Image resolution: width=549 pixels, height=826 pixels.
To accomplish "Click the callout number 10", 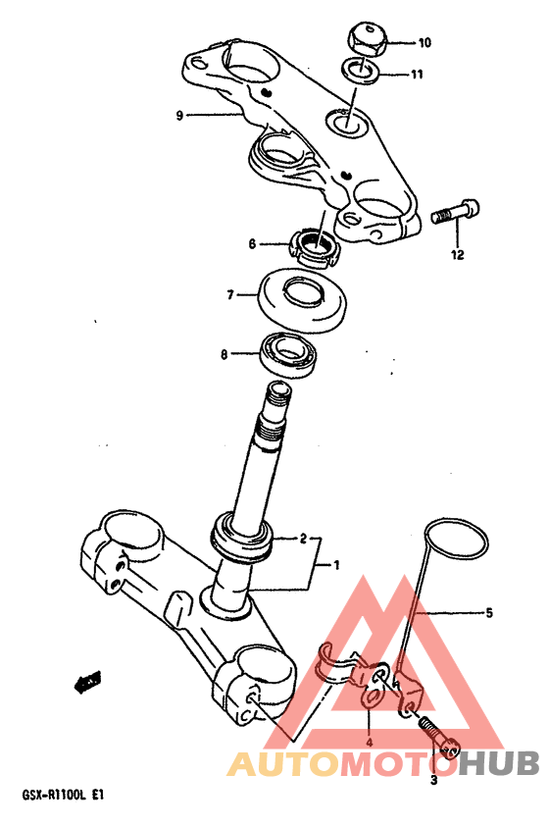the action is click(424, 42).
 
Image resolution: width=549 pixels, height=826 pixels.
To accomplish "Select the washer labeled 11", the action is click(362, 72).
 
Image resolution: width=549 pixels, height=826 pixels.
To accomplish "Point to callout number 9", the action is click(179, 115).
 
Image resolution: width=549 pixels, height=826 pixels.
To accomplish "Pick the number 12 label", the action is click(457, 255).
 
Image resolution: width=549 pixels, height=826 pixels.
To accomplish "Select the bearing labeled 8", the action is click(288, 354).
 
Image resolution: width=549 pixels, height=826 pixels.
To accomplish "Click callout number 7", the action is click(230, 295).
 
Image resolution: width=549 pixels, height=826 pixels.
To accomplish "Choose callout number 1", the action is click(336, 566).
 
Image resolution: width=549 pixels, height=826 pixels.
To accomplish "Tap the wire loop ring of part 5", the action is click(457, 542).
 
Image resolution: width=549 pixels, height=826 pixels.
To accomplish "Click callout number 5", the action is click(488, 613).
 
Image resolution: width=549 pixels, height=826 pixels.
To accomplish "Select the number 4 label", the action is click(369, 743).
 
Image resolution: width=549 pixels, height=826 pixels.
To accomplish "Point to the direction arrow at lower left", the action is click(86, 682).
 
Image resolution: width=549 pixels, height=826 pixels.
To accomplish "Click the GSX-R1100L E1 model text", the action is click(63, 795).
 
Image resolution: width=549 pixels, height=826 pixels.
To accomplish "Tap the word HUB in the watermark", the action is click(498, 763).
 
